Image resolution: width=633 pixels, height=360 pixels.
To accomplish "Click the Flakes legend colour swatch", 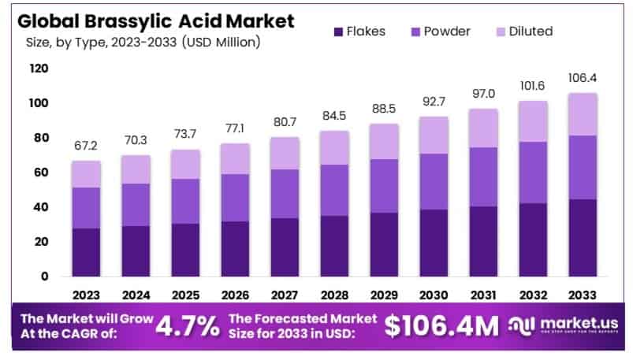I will coord(339,32).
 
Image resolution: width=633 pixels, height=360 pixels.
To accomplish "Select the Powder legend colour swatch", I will coord(415,32).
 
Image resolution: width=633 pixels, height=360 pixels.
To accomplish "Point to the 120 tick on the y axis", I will coord(39,69).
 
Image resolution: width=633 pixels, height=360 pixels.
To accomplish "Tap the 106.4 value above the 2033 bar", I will coord(583,77).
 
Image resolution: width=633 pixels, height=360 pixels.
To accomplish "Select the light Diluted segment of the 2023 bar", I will coord(87,174).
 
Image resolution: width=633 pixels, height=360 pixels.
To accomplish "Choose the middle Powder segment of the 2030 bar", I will coord(434,181).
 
